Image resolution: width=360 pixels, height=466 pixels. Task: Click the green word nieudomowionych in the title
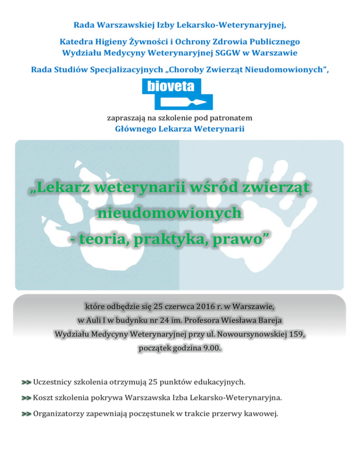tap(170, 214)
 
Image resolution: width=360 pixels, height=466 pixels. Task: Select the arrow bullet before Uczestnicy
tap(26, 383)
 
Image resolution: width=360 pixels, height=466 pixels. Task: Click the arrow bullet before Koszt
tap(26, 398)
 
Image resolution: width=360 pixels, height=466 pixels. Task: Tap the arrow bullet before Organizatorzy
tap(26, 414)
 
